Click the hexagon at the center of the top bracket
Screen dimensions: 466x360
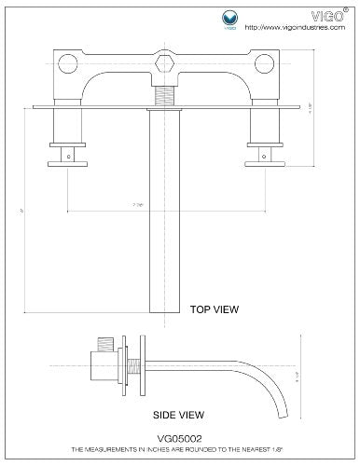[166, 65]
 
